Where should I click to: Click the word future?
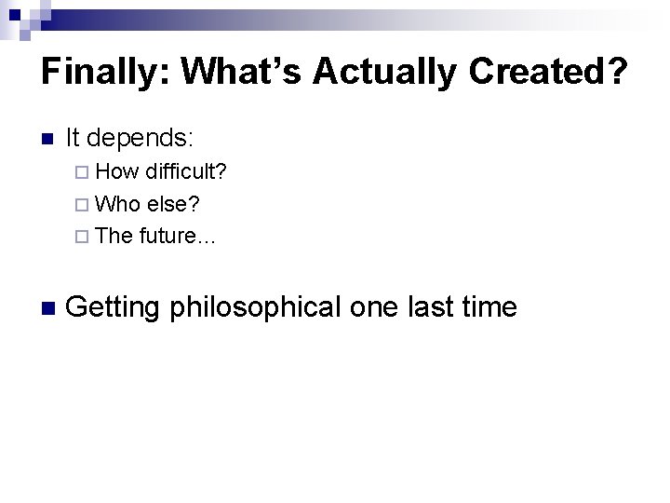(177, 236)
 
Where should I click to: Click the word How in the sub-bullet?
(114, 172)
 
